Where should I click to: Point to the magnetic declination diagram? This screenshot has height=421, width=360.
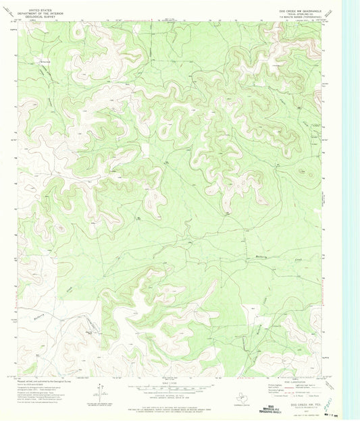(100, 388)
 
